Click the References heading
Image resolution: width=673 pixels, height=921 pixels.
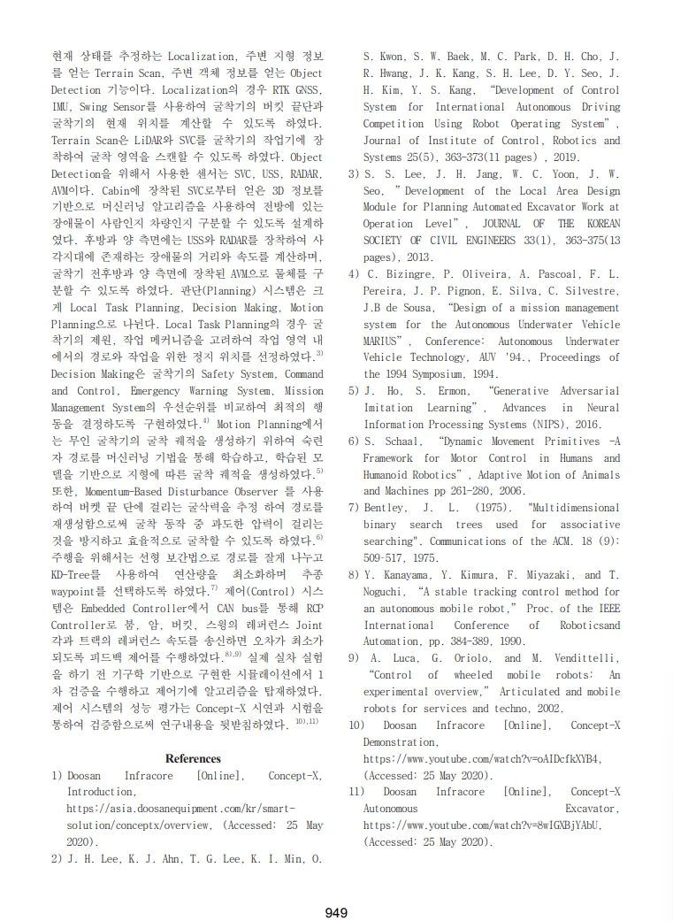193,758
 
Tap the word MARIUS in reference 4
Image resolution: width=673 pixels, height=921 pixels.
383,341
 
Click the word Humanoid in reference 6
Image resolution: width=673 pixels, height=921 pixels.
386,474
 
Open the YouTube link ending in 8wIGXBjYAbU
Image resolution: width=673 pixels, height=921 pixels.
482,825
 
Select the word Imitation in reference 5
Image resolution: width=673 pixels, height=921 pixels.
388,408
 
